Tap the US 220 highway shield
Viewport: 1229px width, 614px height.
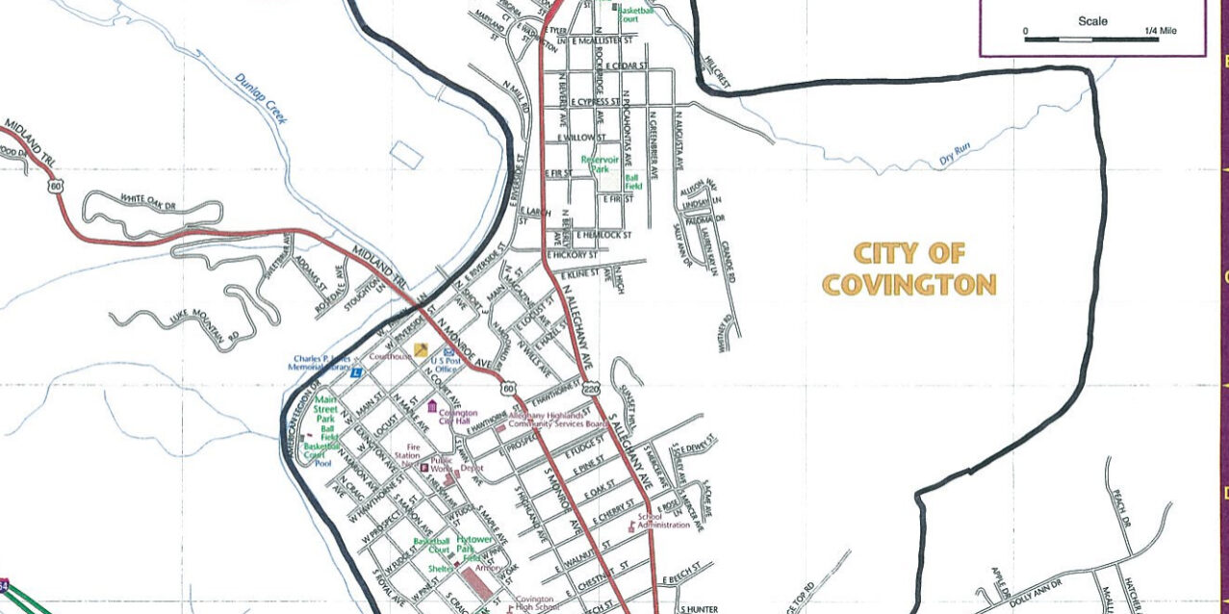pos(591,386)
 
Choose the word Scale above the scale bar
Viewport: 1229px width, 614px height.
pos(1092,21)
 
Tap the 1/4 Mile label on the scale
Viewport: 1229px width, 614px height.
pos(1161,31)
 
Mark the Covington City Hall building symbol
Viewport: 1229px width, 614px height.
pos(432,405)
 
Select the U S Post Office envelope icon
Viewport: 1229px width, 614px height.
pos(448,353)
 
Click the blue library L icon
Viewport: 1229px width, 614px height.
pos(357,371)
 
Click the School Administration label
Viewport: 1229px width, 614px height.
pos(664,521)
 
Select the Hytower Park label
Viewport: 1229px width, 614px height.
pos(474,546)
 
